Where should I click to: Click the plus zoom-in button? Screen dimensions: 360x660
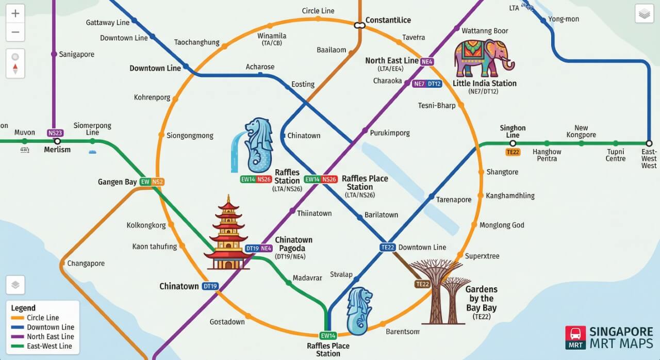pos(15,14)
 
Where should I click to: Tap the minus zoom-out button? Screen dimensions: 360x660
pos(15,32)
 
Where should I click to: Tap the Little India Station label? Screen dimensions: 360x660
pos(484,84)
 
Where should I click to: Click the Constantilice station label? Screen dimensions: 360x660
pos(388,20)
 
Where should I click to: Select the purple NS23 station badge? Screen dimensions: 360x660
pos(55,133)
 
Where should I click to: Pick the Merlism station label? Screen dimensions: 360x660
pos(57,150)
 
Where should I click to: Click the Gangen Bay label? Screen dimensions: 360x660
pos(118,182)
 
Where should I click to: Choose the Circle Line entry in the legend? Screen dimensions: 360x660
pos(43,318)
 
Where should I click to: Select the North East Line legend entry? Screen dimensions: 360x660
pos(51,337)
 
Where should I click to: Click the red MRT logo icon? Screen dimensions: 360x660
pos(575,338)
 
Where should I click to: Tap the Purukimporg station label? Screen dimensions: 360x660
pos(389,133)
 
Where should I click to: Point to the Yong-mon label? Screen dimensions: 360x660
pos(563,19)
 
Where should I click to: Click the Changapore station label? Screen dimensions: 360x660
pos(86,264)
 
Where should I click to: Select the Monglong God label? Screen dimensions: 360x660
pos(502,225)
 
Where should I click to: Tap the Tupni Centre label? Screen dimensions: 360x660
pos(616,155)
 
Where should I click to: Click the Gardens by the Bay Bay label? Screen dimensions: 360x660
pos(481,299)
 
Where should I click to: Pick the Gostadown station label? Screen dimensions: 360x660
pos(227,322)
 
